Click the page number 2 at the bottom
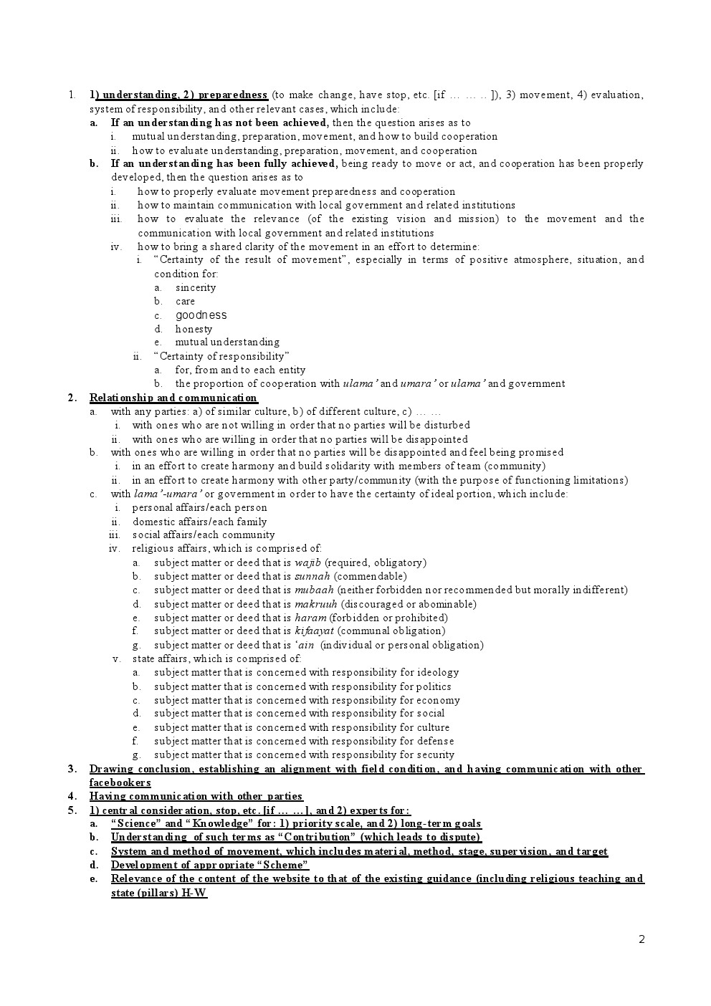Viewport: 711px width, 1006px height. click(641, 939)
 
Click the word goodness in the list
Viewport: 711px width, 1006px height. click(201, 315)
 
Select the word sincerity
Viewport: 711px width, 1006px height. click(196, 287)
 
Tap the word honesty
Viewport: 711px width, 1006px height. click(194, 329)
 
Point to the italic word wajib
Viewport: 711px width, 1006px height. click(307, 562)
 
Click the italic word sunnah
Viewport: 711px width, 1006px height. click(312, 576)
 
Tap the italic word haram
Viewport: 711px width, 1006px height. click(310, 618)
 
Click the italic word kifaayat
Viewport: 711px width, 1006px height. click(314, 631)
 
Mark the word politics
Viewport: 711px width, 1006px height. click(434, 686)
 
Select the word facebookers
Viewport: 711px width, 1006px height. click(120, 782)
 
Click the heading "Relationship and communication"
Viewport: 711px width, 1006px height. click(173, 398)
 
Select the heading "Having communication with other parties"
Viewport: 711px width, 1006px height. click(196, 796)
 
